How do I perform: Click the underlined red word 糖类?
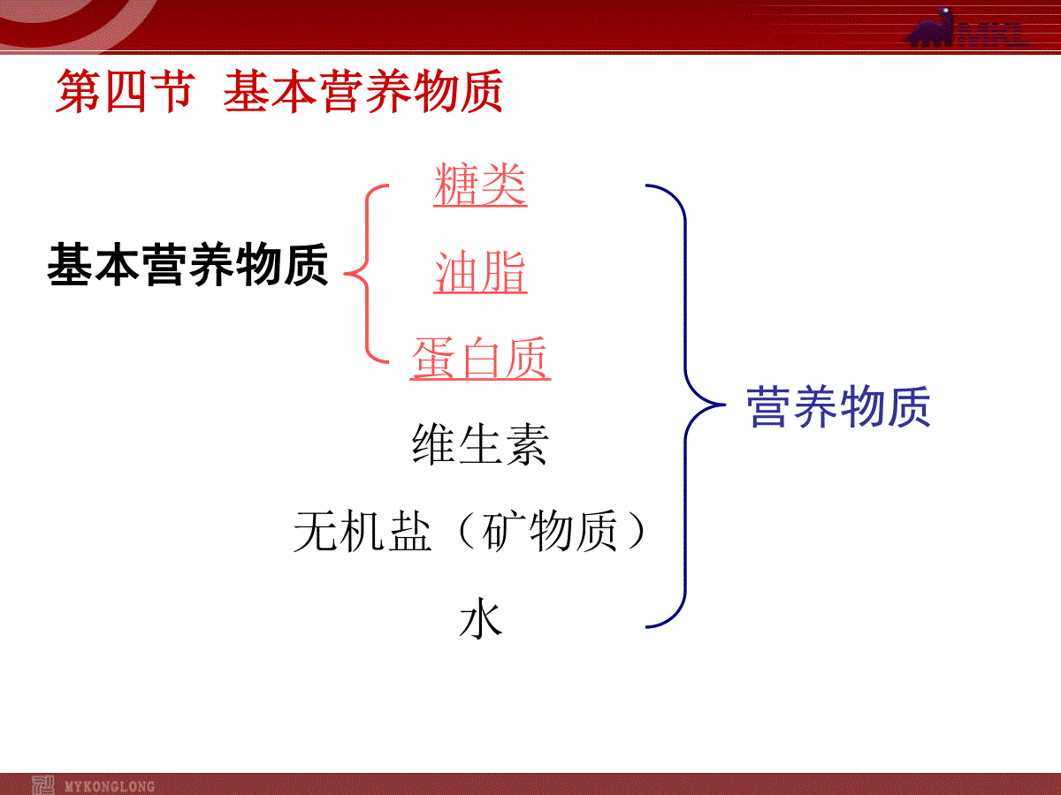[480, 185]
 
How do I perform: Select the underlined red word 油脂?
[480, 272]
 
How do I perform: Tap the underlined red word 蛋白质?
[480, 358]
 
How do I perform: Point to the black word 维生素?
[480, 444]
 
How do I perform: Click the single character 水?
[480, 618]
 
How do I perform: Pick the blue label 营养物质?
[838, 406]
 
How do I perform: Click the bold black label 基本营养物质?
[187, 264]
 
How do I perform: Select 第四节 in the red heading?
[126, 91]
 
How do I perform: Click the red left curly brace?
[367, 274]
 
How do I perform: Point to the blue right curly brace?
[685, 405]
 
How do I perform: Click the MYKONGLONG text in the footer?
[110, 787]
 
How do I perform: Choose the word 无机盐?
[363, 532]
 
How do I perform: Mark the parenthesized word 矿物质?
[550, 532]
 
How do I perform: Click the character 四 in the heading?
[126, 91]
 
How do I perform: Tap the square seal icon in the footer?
[43, 785]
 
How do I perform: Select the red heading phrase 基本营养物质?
[363, 91]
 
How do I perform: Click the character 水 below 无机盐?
[480, 618]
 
